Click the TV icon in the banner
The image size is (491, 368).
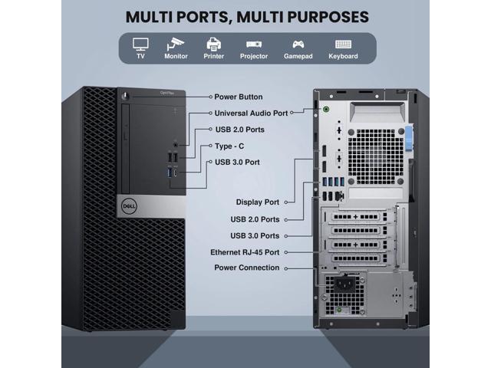[140, 44]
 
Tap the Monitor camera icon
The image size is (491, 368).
[176, 44]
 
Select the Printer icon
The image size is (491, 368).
[214, 44]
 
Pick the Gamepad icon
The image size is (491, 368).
[298, 44]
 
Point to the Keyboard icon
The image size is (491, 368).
[343, 44]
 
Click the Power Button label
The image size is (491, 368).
[239, 97]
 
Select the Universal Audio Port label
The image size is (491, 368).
[251, 113]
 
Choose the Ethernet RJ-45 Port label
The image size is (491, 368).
[245, 252]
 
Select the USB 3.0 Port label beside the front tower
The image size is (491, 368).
[237, 162]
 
